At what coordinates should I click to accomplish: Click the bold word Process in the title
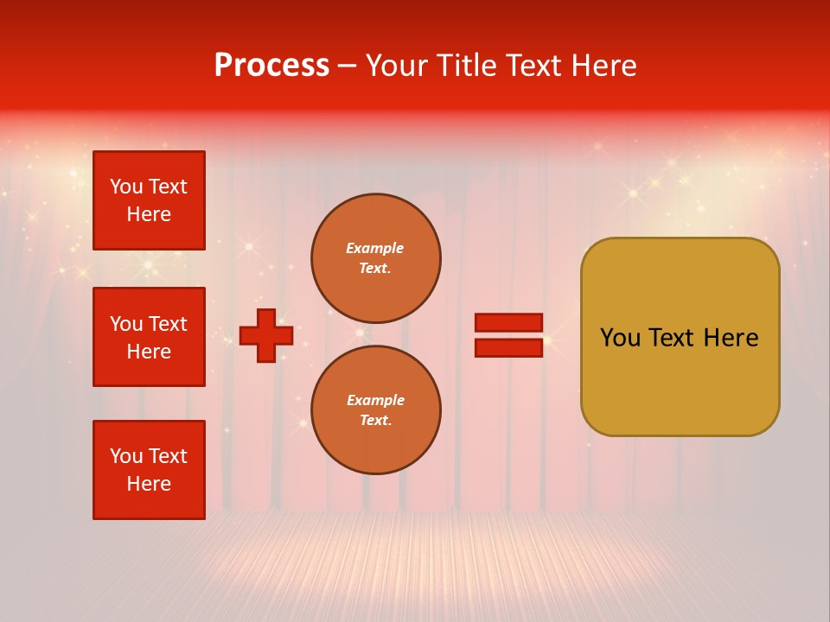pos(271,66)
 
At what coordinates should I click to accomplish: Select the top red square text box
pos(149,200)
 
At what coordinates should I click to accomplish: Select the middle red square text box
pos(149,337)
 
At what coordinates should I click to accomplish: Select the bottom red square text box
pos(149,470)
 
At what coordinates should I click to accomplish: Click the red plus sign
pos(266,335)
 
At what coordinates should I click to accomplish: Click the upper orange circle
pos(375,258)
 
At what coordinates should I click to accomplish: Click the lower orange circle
pos(375,410)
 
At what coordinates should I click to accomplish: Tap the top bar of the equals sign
pos(508,323)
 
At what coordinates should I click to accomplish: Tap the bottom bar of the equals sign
pos(508,347)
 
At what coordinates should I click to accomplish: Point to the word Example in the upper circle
pos(375,249)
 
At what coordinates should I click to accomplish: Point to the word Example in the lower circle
pos(375,401)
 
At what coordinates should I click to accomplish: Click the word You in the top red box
pos(126,187)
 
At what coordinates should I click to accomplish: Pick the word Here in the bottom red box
pos(149,485)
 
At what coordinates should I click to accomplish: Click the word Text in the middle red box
pos(167,324)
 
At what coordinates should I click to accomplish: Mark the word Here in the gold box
pos(731,338)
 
